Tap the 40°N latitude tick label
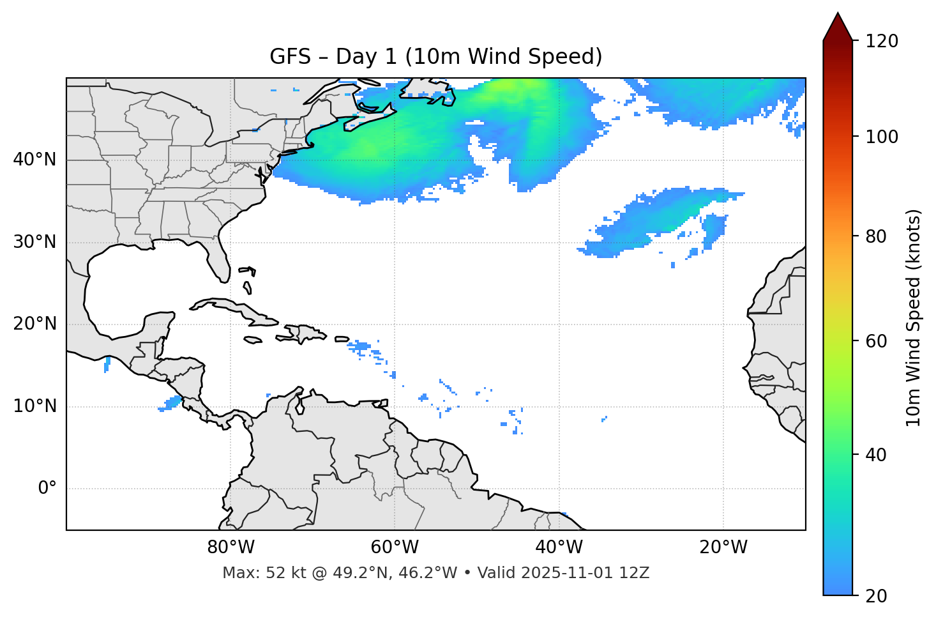tap(34, 160)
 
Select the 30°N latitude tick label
tap(34, 242)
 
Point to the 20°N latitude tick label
tap(34, 324)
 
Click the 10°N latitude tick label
tap(34, 406)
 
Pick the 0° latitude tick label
tap(47, 489)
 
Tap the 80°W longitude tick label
tap(230, 547)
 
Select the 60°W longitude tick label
tap(395, 547)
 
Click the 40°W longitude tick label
tap(559, 547)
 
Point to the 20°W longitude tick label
tap(723, 547)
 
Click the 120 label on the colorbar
tap(882, 42)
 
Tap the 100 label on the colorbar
tap(882, 137)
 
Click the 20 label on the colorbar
tap(877, 596)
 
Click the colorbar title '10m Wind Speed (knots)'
tap(914, 317)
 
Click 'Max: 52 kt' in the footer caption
tap(250, 573)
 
